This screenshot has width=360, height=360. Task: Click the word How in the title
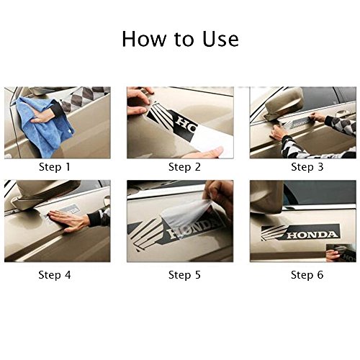(x=144, y=39)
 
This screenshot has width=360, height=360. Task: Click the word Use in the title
(x=220, y=39)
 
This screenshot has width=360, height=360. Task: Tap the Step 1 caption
(x=55, y=167)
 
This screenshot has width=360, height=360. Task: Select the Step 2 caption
(x=184, y=167)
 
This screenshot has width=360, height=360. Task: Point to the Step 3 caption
(x=307, y=167)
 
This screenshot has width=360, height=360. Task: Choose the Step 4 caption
(x=55, y=275)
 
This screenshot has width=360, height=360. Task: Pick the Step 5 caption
(x=184, y=275)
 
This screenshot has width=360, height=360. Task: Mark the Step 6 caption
(x=307, y=275)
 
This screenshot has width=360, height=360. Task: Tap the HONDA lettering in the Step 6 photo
(x=312, y=235)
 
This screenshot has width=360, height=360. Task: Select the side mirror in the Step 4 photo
(x=45, y=192)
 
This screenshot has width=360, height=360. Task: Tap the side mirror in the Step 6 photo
(x=266, y=197)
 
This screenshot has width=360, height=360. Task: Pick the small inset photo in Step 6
(x=341, y=253)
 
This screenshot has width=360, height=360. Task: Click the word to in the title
(x=184, y=40)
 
